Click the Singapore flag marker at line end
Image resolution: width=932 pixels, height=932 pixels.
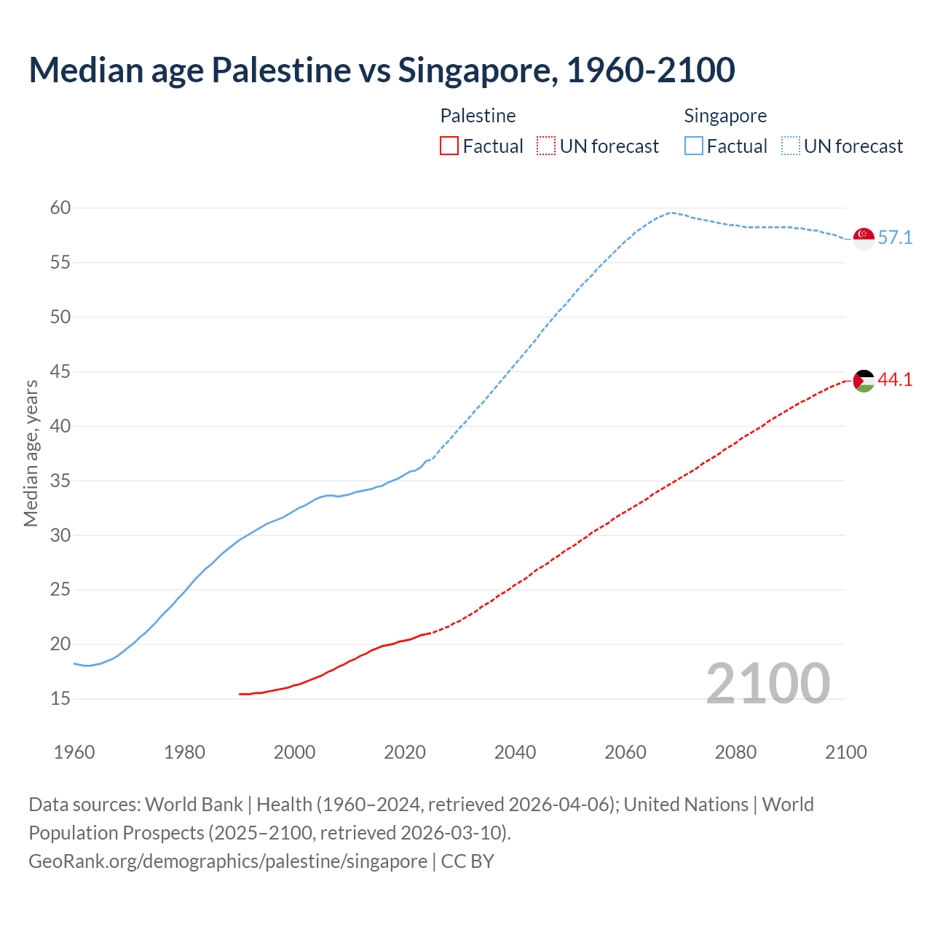tap(864, 238)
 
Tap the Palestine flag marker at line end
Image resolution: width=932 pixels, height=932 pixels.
tap(864, 380)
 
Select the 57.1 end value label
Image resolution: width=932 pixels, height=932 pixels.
tap(895, 238)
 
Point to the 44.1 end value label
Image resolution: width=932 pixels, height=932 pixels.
tap(895, 380)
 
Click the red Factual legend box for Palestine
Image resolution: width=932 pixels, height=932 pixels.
tap(449, 146)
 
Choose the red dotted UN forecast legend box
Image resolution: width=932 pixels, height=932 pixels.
tap(546, 146)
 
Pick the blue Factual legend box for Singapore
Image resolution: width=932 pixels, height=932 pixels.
tap(694, 146)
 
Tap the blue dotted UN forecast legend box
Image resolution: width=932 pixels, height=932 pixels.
tap(790, 146)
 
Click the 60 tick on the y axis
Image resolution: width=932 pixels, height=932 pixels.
tap(60, 208)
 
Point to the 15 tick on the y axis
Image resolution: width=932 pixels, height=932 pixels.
tap(60, 699)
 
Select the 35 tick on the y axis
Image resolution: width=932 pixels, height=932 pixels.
tap(60, 481)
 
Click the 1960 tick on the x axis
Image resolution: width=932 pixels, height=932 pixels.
tap(74, 752)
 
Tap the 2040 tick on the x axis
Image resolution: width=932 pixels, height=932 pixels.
tap(515, 752)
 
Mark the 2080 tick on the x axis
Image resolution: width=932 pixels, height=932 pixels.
tap(735, 752)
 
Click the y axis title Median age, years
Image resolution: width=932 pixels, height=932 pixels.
tap(31, 453)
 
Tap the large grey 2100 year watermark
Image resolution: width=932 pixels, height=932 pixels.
tap(767, 683)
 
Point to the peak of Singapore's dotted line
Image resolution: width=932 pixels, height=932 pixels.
tap(671, 213)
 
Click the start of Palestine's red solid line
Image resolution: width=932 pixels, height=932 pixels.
tap(240, 694)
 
